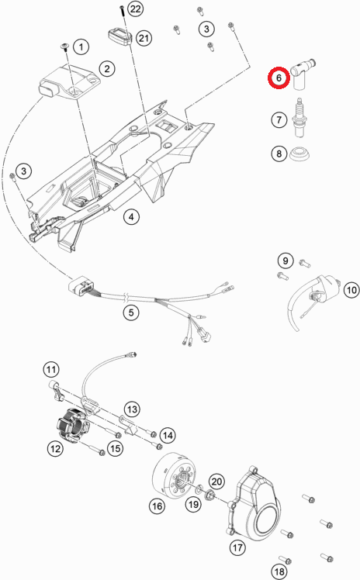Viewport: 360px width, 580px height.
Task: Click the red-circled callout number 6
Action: [279, 78]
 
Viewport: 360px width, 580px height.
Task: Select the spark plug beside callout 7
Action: [299, 118]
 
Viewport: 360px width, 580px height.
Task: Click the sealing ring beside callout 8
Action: [299, 154]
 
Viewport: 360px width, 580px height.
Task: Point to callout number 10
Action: [351, 290]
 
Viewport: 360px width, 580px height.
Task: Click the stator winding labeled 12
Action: [73, 426]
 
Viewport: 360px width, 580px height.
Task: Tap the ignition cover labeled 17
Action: [254, 506]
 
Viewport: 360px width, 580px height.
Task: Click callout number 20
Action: [216, 482]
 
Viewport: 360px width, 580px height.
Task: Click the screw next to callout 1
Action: [65, 47]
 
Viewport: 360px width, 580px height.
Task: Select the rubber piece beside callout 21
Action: [120, 36]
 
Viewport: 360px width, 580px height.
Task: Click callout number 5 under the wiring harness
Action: [131, 312]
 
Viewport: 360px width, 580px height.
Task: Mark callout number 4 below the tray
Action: [131, 216]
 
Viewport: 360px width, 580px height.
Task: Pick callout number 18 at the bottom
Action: [279, 571]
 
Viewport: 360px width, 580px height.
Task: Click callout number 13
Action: [132, 409]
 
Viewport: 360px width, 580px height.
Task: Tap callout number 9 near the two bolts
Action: [286, 261]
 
